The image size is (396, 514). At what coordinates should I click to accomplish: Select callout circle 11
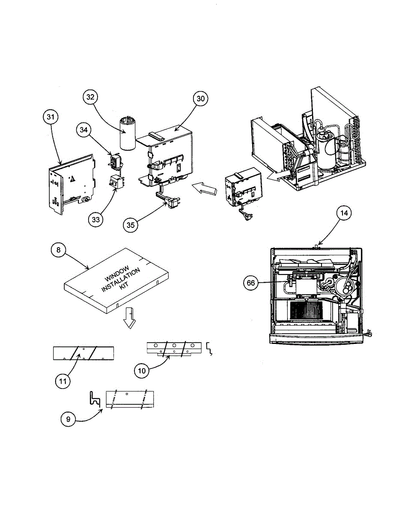[63, 381]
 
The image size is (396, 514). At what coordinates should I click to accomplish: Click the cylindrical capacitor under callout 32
[127, 134]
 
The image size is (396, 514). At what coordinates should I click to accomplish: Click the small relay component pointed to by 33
[116, 182]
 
